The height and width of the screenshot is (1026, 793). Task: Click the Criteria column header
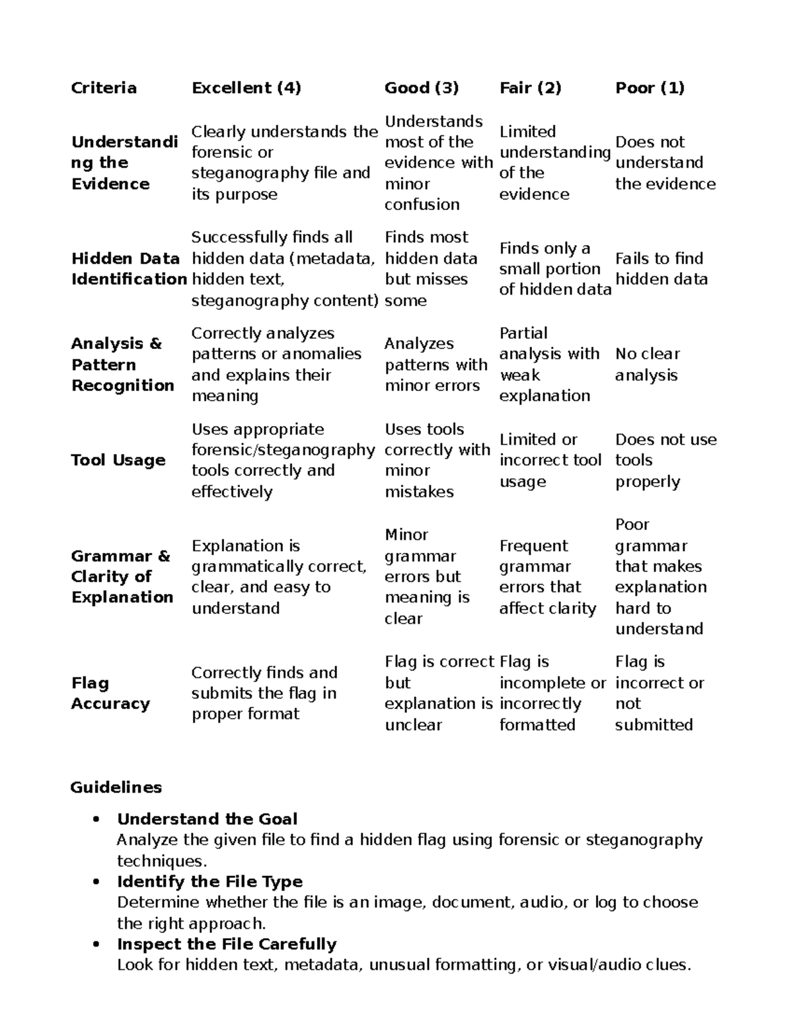pyautogui.click(x=104, y=88)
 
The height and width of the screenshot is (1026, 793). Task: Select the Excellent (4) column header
pyautogui.click(x=246, y=88)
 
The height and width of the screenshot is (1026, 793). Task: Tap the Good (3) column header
pyautogui.click(x=422, y=88)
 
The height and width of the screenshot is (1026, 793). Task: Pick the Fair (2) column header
pyautogui.click(x=530, y=88)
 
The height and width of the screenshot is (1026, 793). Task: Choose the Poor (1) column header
pyautogui.click(x=650, y=88)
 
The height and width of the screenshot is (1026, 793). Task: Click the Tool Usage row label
pyautogui.click(x=118, y=460)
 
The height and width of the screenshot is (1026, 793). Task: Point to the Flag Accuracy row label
pyautogui.click(x=110, y=693)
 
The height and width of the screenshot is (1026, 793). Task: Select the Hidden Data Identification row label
pyautogui.click(x=129, y=269)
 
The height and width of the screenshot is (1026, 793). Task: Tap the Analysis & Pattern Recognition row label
pyautogui.click(x=123, y=365)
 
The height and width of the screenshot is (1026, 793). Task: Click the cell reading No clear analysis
pyautogui.click(x=647, y=365)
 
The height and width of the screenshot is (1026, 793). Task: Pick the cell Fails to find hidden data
pyautogui.click(x=661, y=269)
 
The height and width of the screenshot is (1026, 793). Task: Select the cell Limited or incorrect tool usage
pyautogui.click(x=550, y=460)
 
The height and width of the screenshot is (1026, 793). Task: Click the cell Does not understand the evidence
pyautogui.click(x=665, y=163)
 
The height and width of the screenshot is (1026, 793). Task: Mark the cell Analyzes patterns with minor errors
pyautogui.click(x=435, y=365)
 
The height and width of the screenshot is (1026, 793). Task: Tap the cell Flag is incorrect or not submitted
pyautogui.click(x=659, y=693)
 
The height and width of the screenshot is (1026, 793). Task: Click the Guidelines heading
pyautogui.click(x=116, y=788)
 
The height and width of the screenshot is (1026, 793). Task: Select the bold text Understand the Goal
pyautogui.click(x=207, y=819)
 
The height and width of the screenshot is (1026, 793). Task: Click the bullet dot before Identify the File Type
pyautogui.click(x=97, y=882)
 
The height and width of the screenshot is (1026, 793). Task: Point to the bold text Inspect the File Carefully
pyautogui.click(x=227, y=944)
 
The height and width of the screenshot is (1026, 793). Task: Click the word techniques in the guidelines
pyautogui.click(x=161, y=861)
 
